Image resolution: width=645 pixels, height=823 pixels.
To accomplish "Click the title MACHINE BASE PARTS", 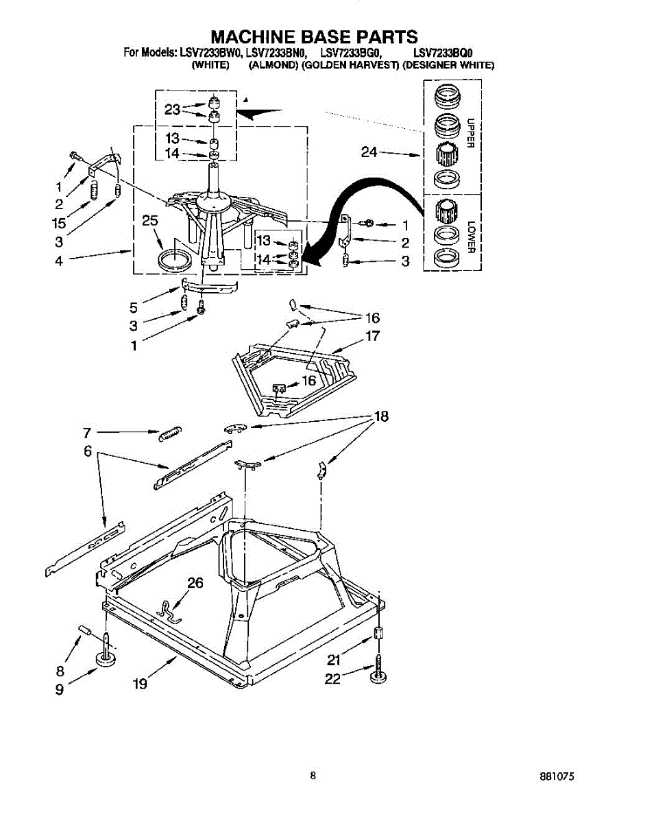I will pos(313,36).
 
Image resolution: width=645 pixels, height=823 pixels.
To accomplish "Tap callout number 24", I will pos(369,152).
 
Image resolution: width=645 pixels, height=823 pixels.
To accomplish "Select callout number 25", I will pos(149,220).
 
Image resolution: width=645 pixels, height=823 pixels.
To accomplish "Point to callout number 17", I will pos(372,337).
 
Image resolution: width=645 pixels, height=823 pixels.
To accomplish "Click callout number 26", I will pos(195,584).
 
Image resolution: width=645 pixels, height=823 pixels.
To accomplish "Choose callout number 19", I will pos(139,683).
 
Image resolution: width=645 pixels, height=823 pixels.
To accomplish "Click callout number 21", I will pos(333,660).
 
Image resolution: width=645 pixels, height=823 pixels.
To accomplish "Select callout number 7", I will pos(87,432).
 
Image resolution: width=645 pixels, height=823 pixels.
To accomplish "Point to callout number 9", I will pos(60,690).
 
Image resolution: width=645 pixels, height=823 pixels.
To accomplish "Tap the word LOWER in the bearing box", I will pos(471,237).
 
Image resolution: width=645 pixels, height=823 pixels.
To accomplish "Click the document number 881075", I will pos(556,777).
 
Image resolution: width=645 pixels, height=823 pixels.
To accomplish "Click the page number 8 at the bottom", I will pos(313,776).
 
